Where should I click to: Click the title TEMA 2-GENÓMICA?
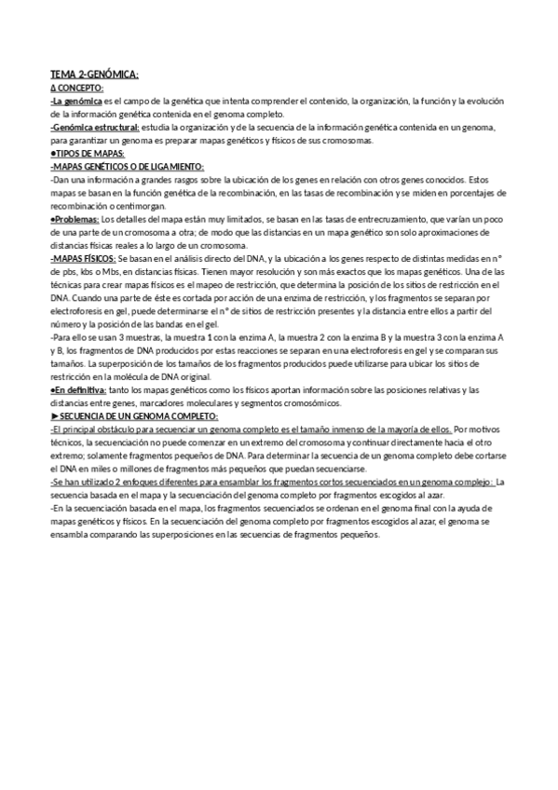pyautogui.click(x=94, y=74)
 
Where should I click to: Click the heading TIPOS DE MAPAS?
pyautogui.click(x=90, y=153)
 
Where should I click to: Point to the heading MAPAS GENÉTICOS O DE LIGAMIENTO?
pyautogui.click(x=132, y=166)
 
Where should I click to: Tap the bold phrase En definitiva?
pyautogui.click(x=79, y=389)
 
